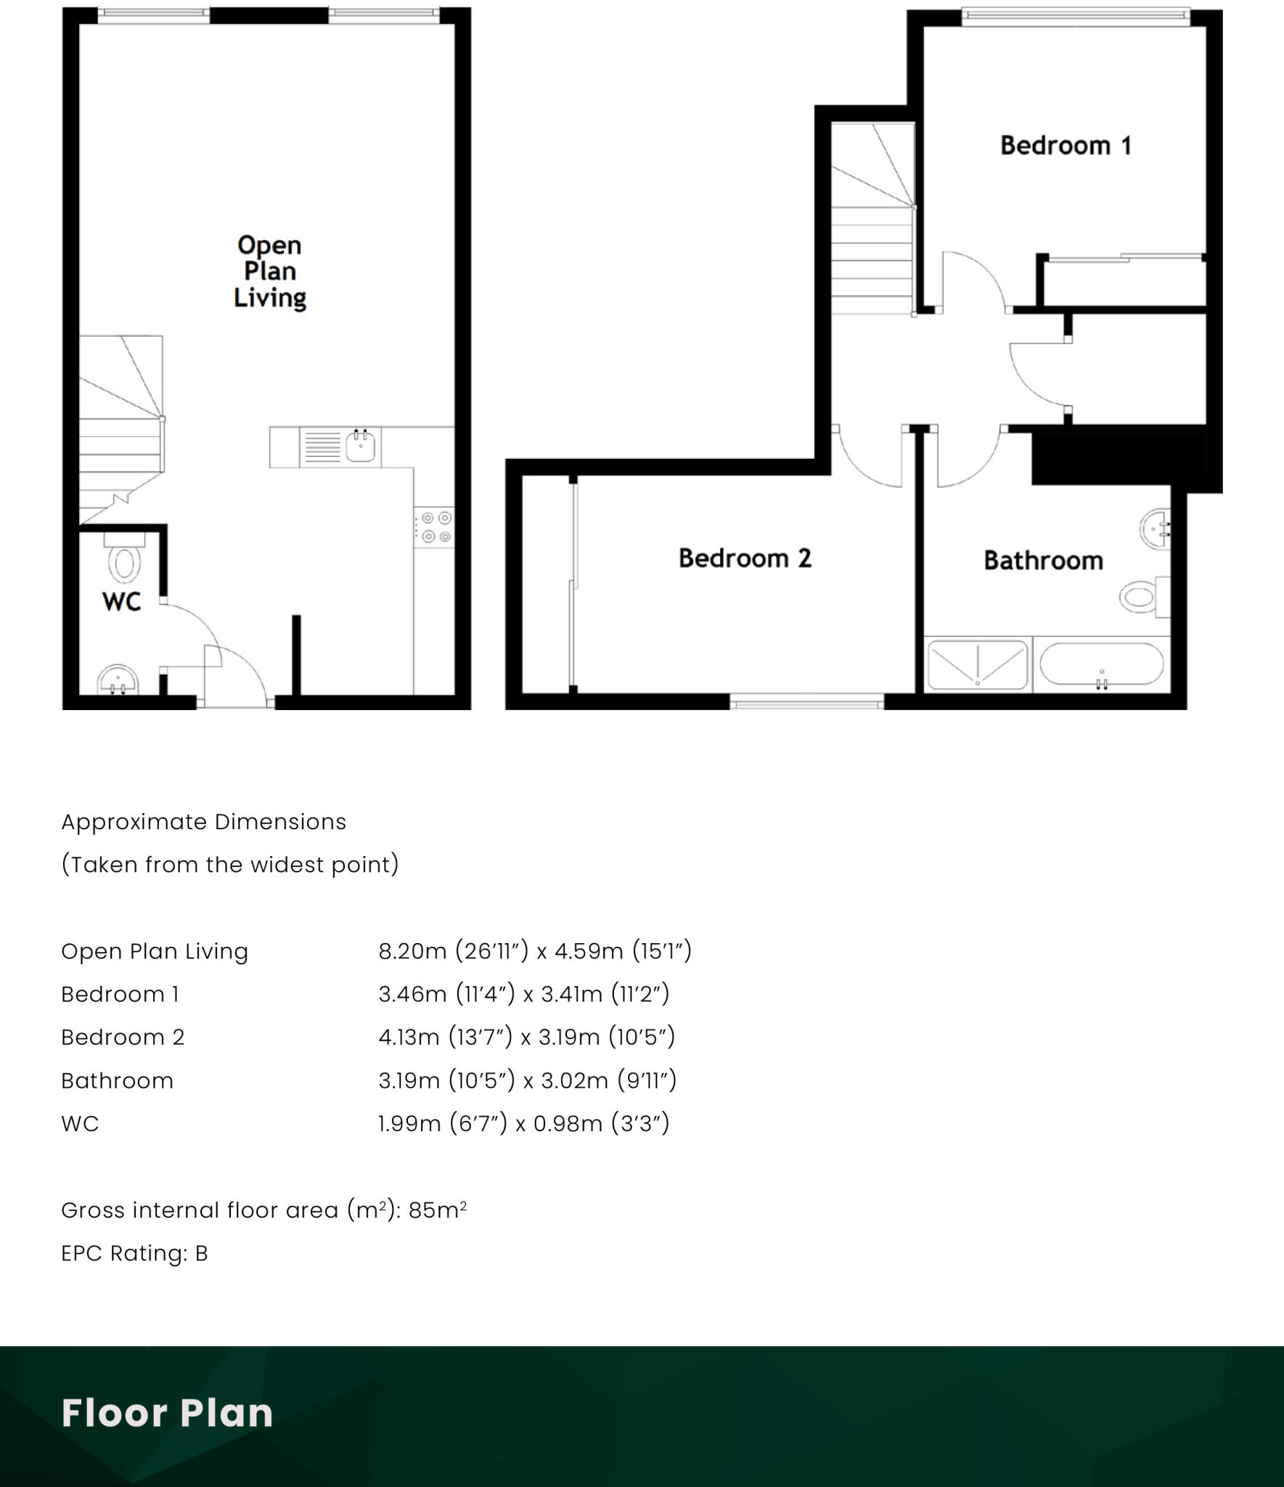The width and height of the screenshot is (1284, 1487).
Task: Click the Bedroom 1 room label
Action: [1065, 146]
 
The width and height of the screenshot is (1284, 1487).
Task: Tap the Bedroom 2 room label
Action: [745, 558]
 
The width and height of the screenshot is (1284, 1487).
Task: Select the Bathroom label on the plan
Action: [1043, 561]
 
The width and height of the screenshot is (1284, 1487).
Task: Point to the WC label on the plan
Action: [121, 602]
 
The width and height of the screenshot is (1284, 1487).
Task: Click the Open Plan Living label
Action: [269, 272]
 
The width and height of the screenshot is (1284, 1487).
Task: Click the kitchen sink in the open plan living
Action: [360, 446]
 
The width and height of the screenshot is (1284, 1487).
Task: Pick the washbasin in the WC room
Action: [117, 680]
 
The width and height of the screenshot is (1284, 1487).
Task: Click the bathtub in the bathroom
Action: [1101, 664]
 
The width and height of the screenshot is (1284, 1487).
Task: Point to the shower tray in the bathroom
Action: [978, 664]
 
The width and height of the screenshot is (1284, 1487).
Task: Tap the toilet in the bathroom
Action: [1140, 597]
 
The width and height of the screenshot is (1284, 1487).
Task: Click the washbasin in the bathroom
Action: [1155, 529]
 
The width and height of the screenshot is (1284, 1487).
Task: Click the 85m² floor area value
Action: [437, 1210]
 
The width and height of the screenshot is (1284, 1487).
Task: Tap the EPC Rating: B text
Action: [134, 1253]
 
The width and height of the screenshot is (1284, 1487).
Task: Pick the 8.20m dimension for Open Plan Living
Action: [412, 951]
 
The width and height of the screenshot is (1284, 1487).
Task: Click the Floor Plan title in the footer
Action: [167, 1413]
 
